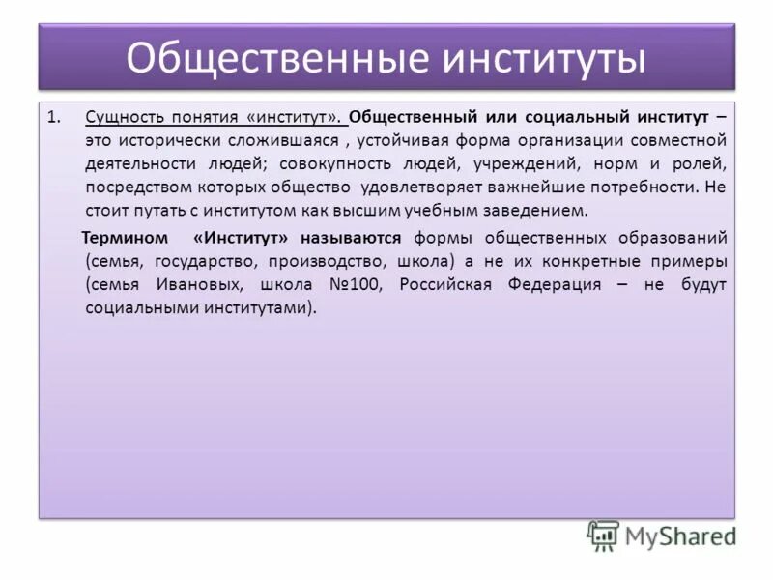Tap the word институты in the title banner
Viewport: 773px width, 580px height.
544,58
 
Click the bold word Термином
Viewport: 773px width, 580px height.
123,238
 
